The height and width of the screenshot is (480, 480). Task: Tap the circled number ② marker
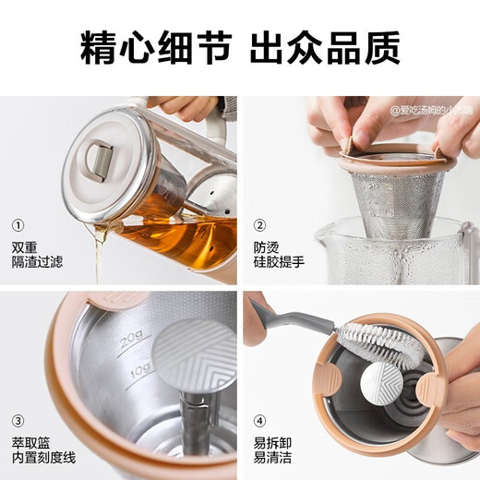point(260,224)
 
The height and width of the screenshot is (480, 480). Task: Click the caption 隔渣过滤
point(32,262)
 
